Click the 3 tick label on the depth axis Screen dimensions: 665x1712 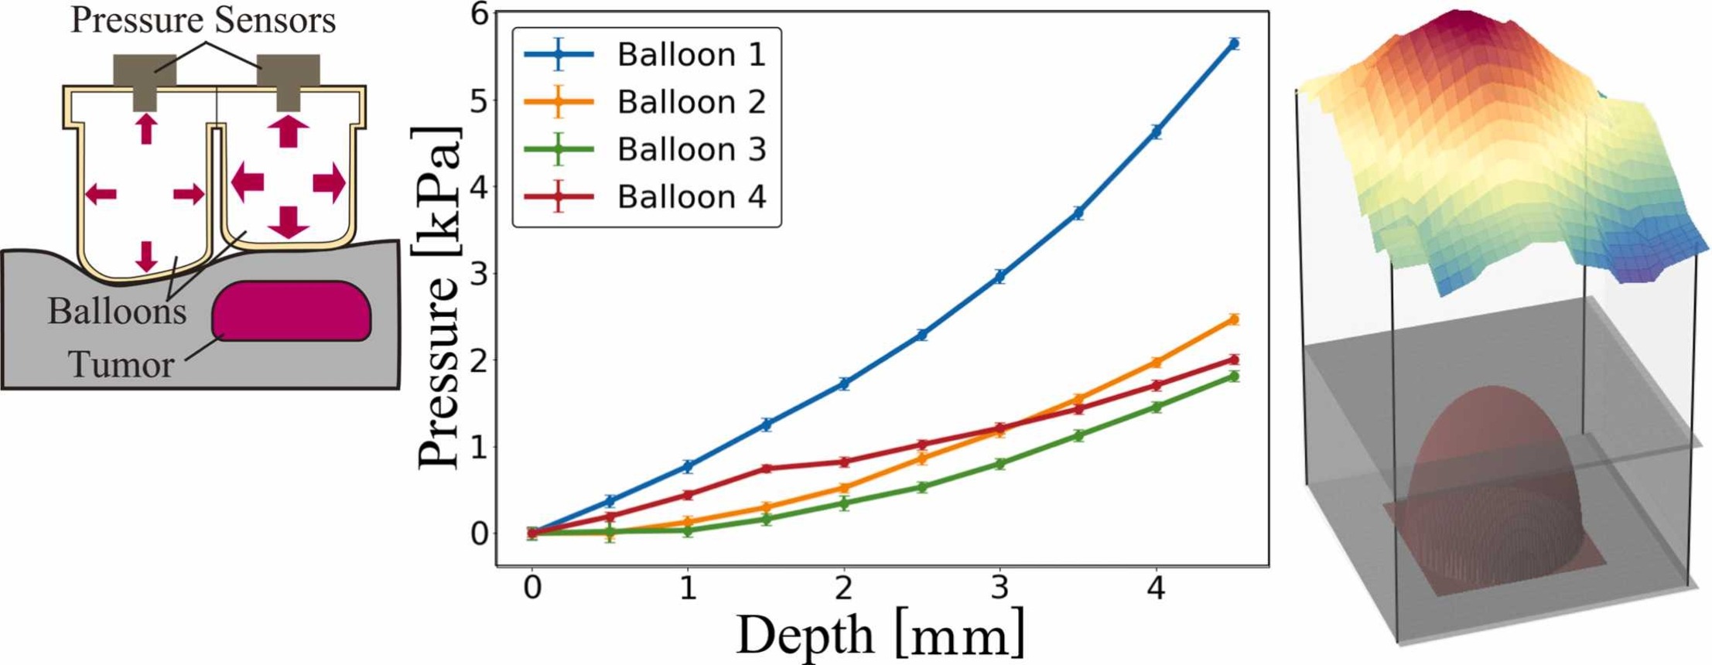pos(1000,588)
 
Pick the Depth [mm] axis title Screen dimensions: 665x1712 pos(880,635)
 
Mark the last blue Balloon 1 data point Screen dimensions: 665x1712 pos(1234,43)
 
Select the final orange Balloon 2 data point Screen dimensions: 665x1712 pos(1234,319)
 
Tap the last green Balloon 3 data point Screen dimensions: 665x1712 pos(1234,377)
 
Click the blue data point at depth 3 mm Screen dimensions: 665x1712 pos(1000,276)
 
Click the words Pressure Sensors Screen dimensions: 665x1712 pos(203,20)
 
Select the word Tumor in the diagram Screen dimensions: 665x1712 pos(121,364)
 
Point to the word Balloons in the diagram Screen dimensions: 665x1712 pos(117,311)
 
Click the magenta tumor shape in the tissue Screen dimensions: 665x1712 pos(292,311)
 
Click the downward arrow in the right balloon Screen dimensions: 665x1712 pos(289,221)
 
